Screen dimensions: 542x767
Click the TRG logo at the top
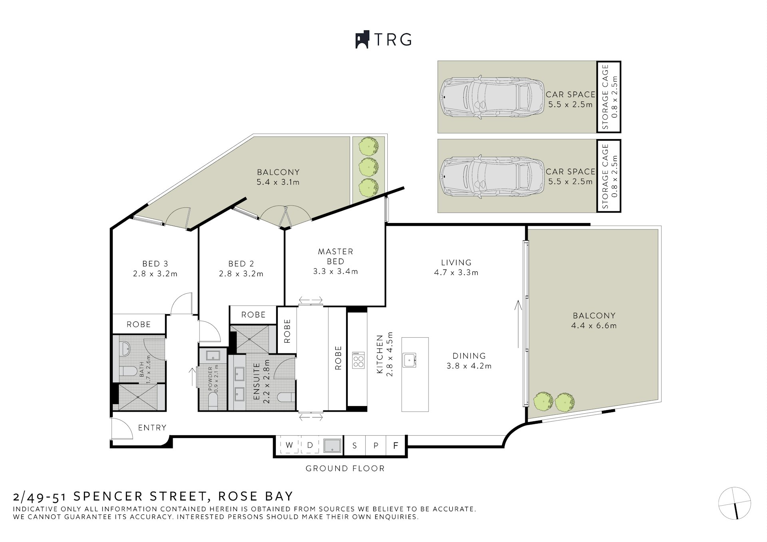tap(383, 40)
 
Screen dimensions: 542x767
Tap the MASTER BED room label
tap(335, 256)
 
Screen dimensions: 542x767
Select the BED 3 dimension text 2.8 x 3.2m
tap(155, 274)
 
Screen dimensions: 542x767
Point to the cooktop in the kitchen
tap(358, 360)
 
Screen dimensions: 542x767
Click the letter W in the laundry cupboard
tap(289, 445)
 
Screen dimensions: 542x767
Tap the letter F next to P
tap(396, 445)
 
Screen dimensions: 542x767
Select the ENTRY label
tap(152, 428)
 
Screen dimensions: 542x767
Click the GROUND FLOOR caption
tap(345, 468)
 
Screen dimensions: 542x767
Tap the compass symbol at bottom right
tap(735, 503)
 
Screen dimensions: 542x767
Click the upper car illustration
tap(492, 97)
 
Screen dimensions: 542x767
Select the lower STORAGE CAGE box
tap(609, 176)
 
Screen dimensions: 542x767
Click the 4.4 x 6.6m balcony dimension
tap(594, 326)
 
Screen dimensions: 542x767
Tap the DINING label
tap(469, 356)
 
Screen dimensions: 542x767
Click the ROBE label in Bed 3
tap(139, 324)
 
